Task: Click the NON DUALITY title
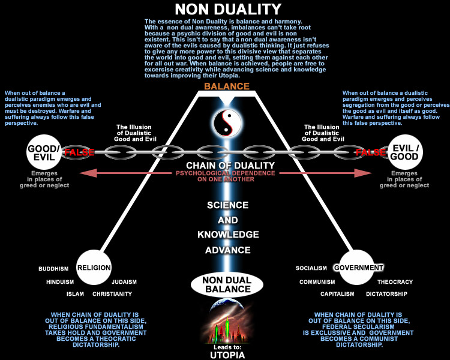[x=227, y=9]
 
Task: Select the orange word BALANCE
[x=226, y=86]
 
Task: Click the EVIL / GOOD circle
[x=405, y=151]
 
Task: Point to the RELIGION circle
[x=94, y=268]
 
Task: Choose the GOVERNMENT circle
[x=358, y=268]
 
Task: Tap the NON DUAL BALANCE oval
[x=226, y=284]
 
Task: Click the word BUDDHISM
[x=53, y=269]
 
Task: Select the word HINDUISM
[x=60, y=282]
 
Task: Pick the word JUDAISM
[x=124, y=282]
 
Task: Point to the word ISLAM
[x=75, y=295]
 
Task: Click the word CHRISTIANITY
[x=112, y=295]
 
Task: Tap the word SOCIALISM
[x=311, y=268]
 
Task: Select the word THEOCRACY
[x=395, y=282]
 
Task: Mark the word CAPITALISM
[x=337, y=295]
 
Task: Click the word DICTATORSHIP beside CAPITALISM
[x=386, y=295]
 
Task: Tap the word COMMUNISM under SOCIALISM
[x=317, y=282]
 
